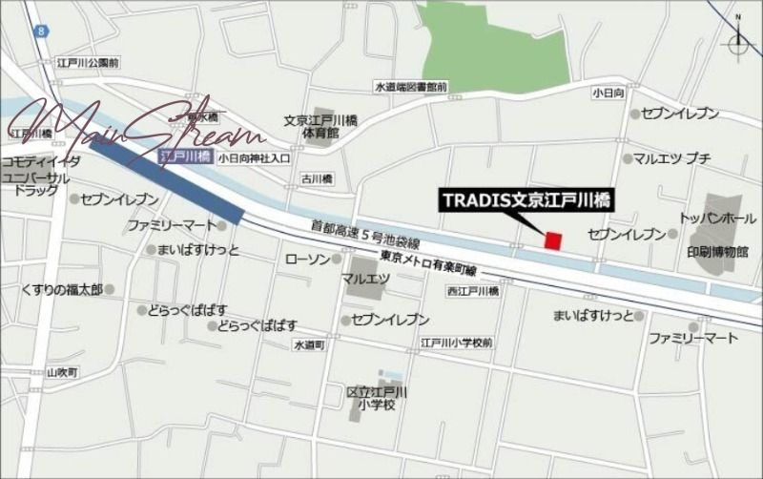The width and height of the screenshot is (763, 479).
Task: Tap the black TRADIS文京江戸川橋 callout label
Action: pyautogui.click(x=526, y=200)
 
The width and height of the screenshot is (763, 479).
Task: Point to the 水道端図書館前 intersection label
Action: pyautogui.click(x=410, y=88)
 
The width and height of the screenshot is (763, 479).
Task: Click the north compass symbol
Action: pyautogui.click(x=738, y=42)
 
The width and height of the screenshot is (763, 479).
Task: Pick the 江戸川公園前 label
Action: pyautogui.click(x=88, y=62)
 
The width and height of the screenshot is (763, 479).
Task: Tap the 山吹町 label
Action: pyautogui.click(x=32, y=371)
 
